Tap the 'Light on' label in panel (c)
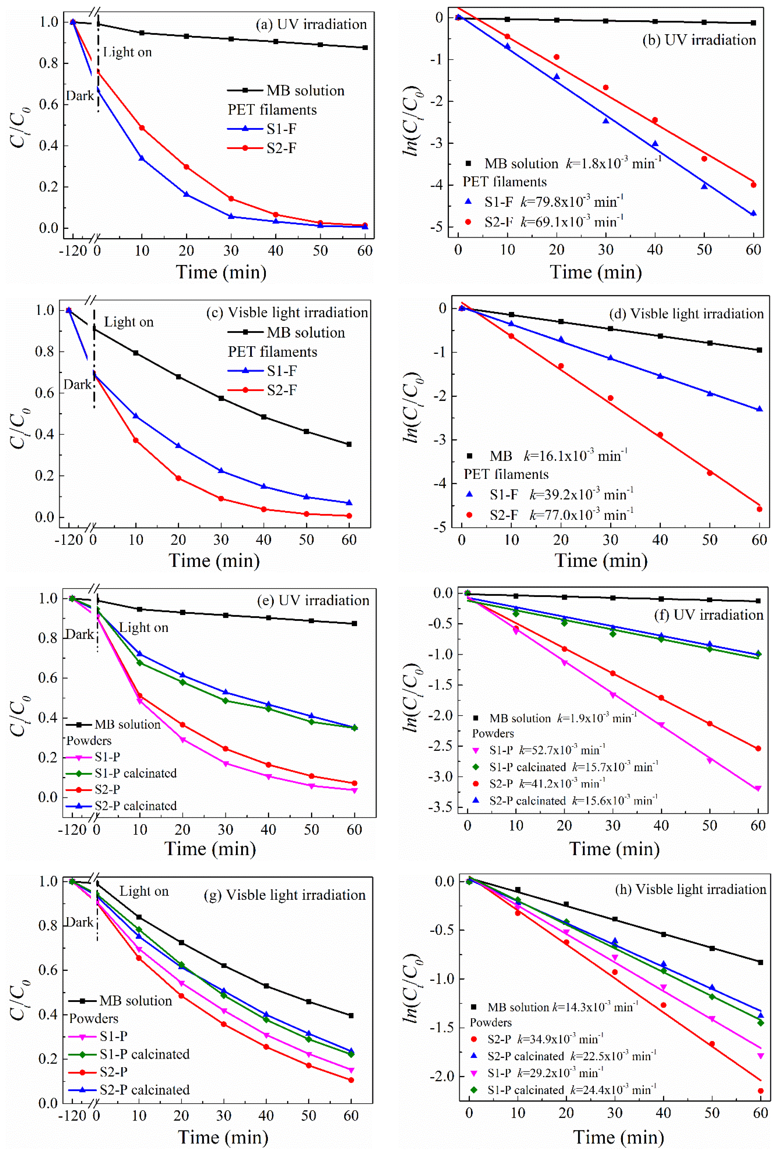(129, 322)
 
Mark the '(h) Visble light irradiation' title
(691, 889)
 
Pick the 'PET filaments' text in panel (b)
(505, 182)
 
